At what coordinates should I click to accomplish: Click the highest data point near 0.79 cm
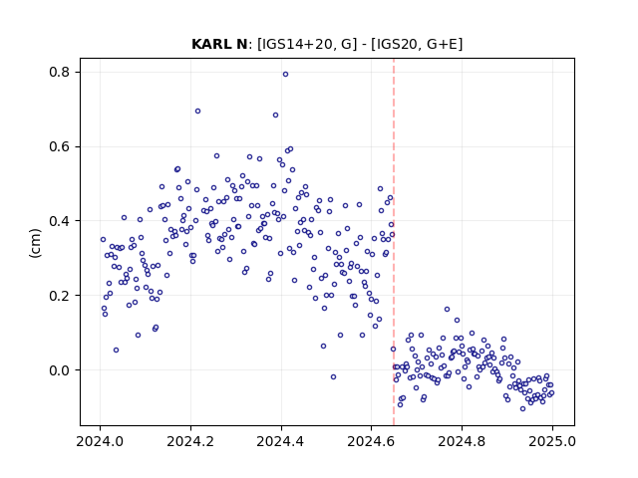coord(286,75)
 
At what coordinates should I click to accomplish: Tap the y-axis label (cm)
coord(36,243)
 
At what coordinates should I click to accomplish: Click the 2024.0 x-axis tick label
coord(100,441)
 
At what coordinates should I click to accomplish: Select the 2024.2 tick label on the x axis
coord(190,441)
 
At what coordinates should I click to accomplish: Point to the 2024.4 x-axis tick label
coord(281,441)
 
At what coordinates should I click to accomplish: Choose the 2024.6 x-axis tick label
coord(371,441)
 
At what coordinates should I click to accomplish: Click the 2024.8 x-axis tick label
coord(462,441)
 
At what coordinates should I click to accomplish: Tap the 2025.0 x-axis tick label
coord(552,441)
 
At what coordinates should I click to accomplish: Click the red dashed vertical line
coord(394,242)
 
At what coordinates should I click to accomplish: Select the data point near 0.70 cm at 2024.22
coord(197,111)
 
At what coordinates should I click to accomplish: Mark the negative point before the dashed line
coord(333,376)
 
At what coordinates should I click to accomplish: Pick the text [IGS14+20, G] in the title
coord(306,44)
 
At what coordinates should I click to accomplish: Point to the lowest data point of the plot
coord(522,408)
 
